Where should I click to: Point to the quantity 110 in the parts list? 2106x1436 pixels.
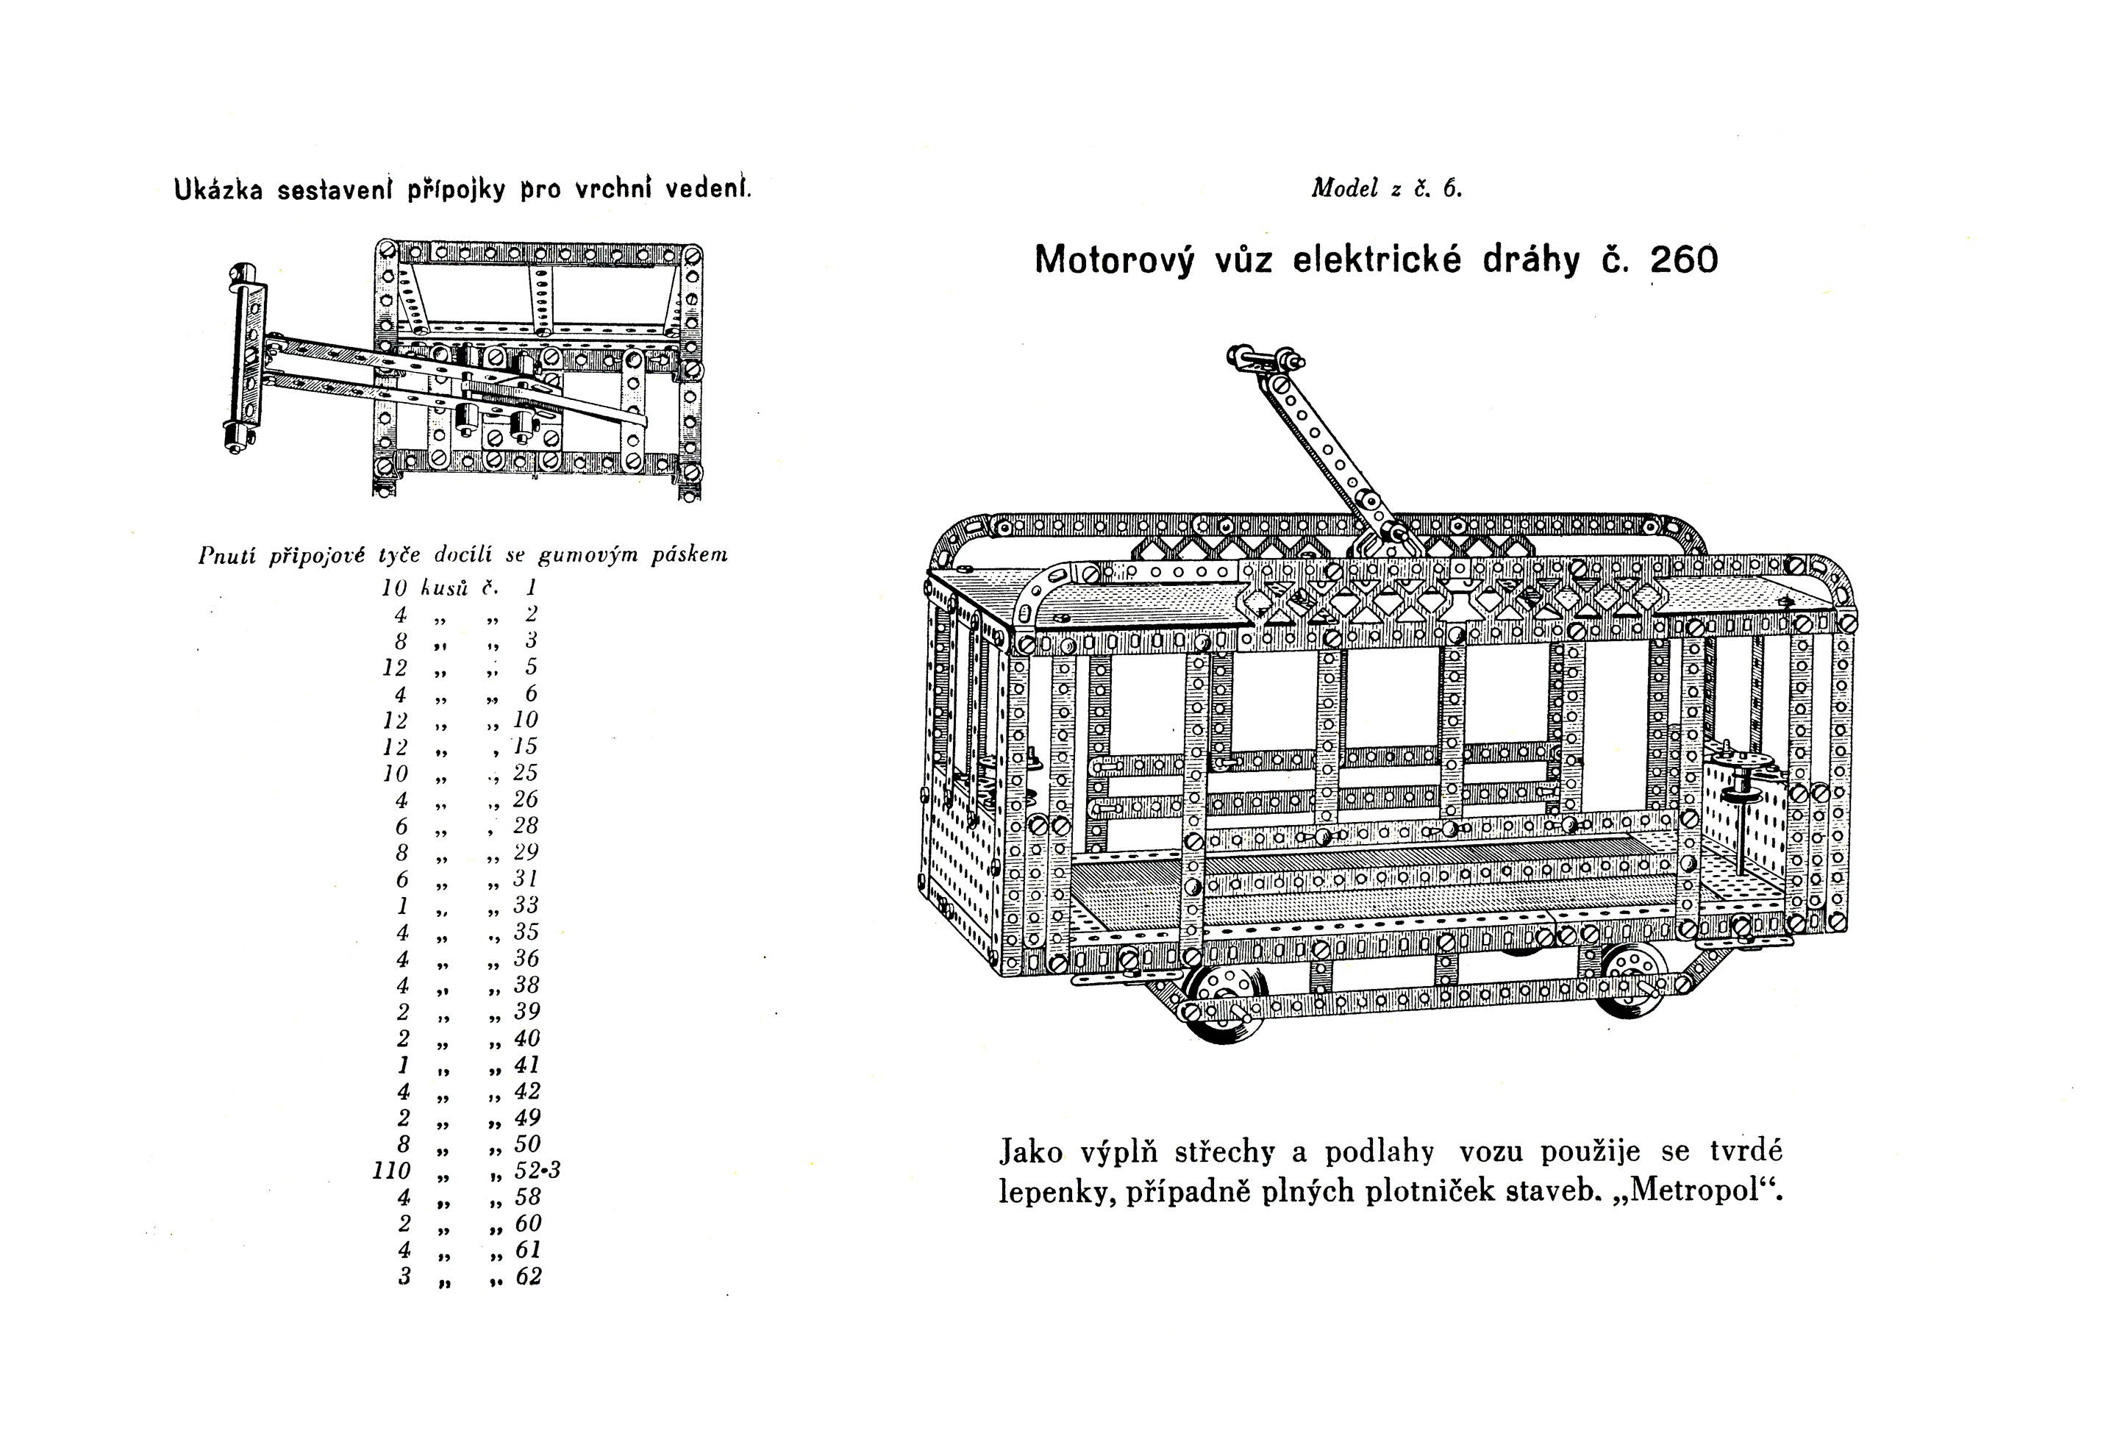pyautogui.click(x=391, y=1171)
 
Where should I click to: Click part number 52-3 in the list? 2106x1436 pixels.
pyautogui.click(x=538, y=1171)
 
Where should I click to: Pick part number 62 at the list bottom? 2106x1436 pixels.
pyautogui.click(x=527, y=1276)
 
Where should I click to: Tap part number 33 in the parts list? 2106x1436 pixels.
pyautogui.click(x=526, y=905)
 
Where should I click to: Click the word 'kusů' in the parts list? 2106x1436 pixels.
pyautogui.click(x=444, y=588)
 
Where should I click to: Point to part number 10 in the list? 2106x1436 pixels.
pyautogui.click(x=526, y=721)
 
